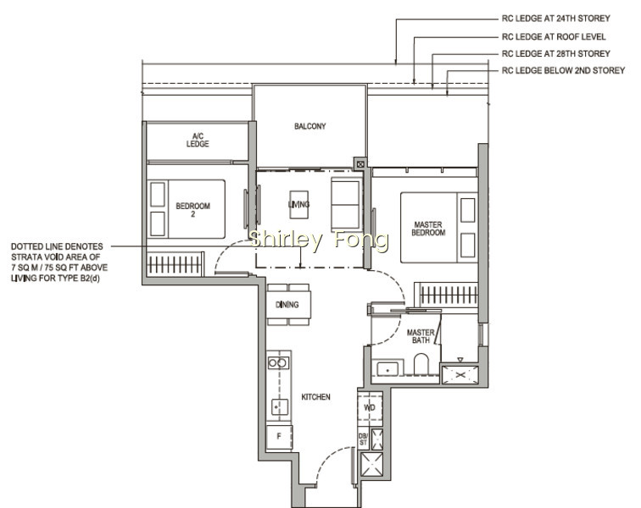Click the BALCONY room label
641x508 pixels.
[x=309, y=126]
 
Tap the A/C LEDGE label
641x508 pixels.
[x=198, y=140]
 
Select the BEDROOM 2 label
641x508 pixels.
[x=193, y=210]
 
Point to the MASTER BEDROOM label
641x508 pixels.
[x=428, y=229]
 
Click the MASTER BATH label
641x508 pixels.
[x=421, y=336]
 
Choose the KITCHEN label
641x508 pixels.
[x=315, y=396]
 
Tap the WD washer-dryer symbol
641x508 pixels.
[x=370, y=406]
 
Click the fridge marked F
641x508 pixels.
[x=279, y=437]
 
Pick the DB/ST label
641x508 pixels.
[x=363, y=439]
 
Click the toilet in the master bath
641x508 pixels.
[x=421, y=363]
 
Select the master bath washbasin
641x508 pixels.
[x=387, y=368]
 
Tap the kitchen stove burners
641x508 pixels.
[x=278, y=362]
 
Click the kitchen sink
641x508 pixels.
[x=280, y=407]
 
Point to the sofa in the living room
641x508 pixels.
[x=346, y=204]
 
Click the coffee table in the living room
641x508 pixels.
[x=298, y=204]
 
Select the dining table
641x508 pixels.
[x=288, y=305]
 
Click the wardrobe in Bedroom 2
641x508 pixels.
[x=175, y=264]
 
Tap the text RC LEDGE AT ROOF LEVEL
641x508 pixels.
[x=554, y=36]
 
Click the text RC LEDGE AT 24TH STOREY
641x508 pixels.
[x=555, y=19]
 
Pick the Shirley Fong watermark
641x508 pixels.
[x=319, y=240]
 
